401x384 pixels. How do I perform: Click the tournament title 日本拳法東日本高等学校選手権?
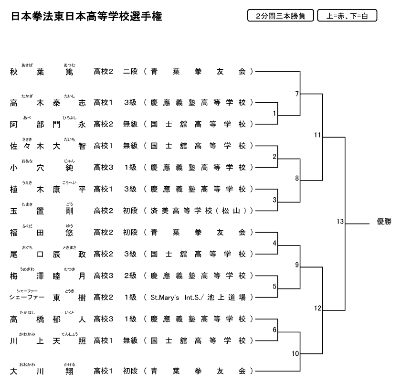click(x=86, y=17)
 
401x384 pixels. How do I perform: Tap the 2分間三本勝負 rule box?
click(x=280, y=16)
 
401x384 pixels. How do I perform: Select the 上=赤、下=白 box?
click(x=347, y=16)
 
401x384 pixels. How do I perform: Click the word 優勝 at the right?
click(x=384, y=221)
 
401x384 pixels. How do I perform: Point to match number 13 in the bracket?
click(x=340, y=221)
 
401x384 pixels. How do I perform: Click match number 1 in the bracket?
click(x=274, y=113)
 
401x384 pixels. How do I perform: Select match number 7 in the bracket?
click(x=296, y=94)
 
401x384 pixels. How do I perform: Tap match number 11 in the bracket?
click(x=317, y=135)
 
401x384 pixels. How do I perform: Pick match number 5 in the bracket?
click(x=274, y=287)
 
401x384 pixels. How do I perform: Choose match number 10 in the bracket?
click(x=295, y=353)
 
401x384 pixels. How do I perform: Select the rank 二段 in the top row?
click(x=130, y=72)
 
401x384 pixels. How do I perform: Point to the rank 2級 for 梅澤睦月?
click(x=130, y=276)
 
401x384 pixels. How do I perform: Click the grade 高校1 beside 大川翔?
click(x=104, y=371)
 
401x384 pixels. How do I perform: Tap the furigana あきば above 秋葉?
click(x=27, y=65)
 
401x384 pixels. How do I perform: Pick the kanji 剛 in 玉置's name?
click(x=70, y=211)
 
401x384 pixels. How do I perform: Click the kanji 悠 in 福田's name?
click(x=70, y=233)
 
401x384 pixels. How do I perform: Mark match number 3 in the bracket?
click(x=274, y=200)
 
